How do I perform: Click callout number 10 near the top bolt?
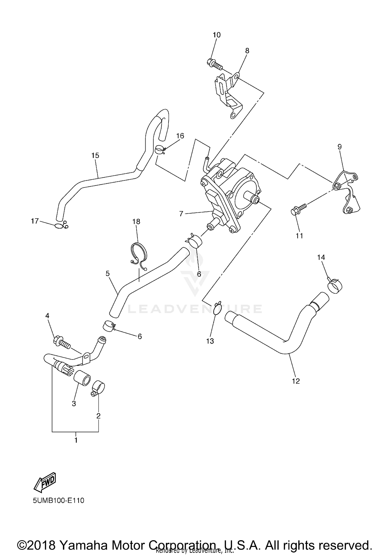(217, 35)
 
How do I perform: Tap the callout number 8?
(247, 51)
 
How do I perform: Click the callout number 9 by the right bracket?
(340, 147)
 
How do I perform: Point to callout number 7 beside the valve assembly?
(181, 214)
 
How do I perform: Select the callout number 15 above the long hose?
(95, 155)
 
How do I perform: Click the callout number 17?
(35, 221)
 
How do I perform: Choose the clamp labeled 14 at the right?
(335, 286)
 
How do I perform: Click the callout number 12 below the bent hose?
(296, 381)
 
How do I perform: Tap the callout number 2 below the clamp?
(98, 416)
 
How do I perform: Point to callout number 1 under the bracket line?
(76, 440)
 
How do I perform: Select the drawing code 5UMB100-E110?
(58, 500)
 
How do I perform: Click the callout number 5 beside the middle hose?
(108, 273)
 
